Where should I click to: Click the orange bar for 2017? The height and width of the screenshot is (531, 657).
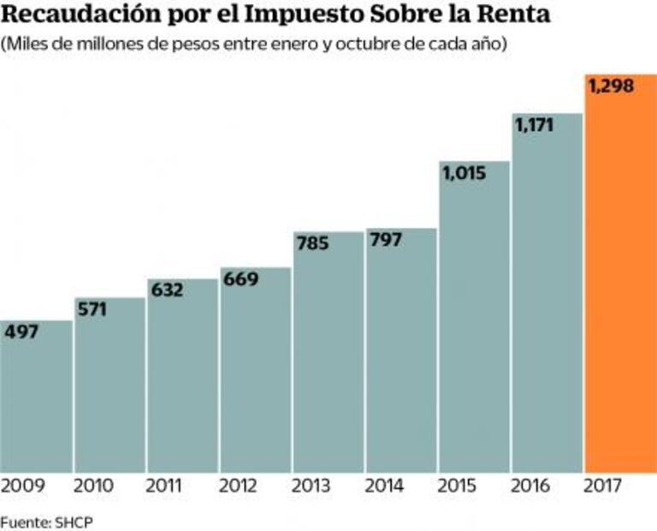pos(620,283)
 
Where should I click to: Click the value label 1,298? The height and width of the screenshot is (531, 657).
pos(610,87)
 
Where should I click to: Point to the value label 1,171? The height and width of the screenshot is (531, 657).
pos(535,125)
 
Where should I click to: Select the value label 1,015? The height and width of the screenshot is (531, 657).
pos(464,173)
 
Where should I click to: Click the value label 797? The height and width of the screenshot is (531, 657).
pos(388,240)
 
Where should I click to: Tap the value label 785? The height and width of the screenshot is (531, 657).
pos(313,244)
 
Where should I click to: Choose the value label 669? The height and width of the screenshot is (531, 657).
pos(240,279)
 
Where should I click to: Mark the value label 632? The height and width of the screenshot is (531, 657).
pos(167,290)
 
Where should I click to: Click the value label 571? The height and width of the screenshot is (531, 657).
pos(92,309)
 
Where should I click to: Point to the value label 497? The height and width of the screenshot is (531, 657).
pos(21,332)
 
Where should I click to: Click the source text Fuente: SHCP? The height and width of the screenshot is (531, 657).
pos(39,521)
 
